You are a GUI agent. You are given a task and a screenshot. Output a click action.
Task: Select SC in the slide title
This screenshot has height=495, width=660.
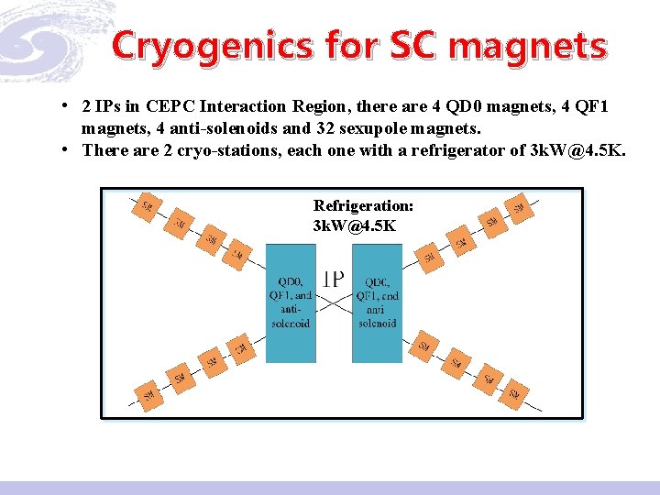click(x=420, y=45)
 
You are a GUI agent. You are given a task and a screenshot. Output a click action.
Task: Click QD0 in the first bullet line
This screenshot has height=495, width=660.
click(x=465, y=108)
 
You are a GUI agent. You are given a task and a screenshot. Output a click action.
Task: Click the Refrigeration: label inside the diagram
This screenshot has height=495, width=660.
click(x=363, y=206)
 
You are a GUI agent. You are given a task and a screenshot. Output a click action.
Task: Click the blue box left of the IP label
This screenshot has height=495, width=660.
click(x=290, y=302)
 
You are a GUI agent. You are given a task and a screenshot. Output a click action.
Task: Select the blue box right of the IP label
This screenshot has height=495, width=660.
click(x=377, y=302)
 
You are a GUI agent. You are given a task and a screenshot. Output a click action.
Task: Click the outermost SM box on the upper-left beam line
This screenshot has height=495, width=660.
click(x=146, y=207)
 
